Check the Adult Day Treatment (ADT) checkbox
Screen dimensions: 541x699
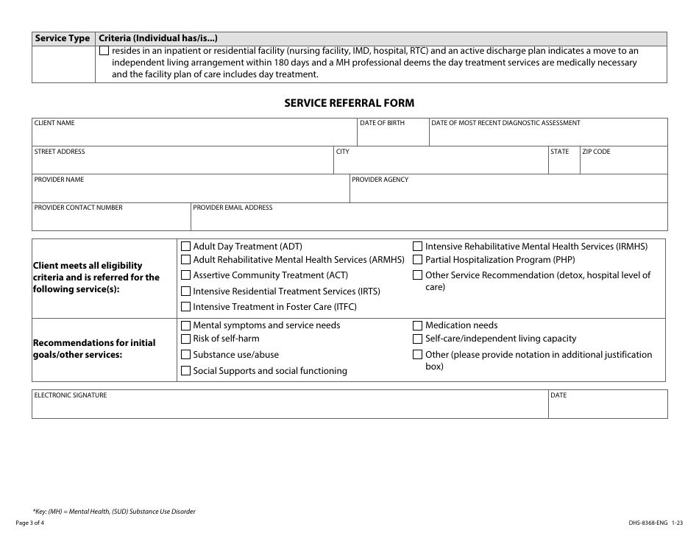click(186, 247)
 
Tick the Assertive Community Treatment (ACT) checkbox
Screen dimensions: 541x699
click(186, 275)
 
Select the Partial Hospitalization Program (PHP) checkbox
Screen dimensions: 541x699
click(418, 260)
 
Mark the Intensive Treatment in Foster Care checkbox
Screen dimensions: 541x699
click(186, 307)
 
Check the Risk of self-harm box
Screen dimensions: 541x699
click(186, 339)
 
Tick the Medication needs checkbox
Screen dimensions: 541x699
click(418, 325)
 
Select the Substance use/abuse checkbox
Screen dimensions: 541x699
click(186, 355)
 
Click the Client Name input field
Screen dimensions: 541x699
click(194, 136)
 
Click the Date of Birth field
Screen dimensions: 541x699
click(392, 136)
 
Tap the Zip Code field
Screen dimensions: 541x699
click(623, 164)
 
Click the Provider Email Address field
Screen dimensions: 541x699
click(428, 220)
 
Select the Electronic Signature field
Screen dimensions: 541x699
click(290, 408)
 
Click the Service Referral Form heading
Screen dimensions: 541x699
click(349, 104)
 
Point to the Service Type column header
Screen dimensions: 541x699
click(63, 38)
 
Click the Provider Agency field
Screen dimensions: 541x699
click(508, 192)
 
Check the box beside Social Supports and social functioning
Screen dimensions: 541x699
click(186, 371)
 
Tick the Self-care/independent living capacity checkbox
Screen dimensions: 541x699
click(418, 339)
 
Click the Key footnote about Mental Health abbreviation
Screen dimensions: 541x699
click(114, 511)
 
